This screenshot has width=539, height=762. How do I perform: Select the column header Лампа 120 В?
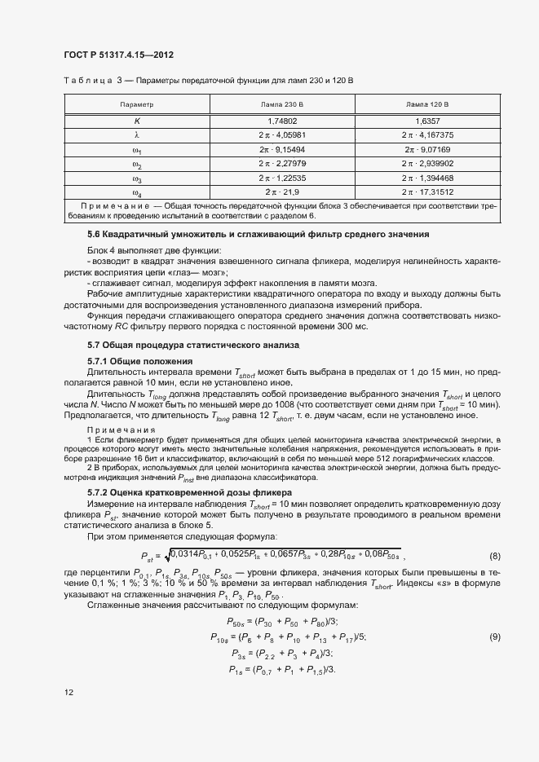[x=427, y=105]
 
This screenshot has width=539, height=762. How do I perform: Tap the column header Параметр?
[x=137, y=105]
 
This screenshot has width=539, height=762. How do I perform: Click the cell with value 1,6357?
[x=427, y=121]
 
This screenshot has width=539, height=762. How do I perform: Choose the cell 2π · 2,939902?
[x=427, y=164]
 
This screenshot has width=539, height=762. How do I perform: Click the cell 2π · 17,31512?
[x=427, y=192]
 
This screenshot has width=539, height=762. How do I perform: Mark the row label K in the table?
[x=137, y=121]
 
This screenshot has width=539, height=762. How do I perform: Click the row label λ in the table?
[x=137, y=135]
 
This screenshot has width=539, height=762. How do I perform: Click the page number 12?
[x=68, y=693]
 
